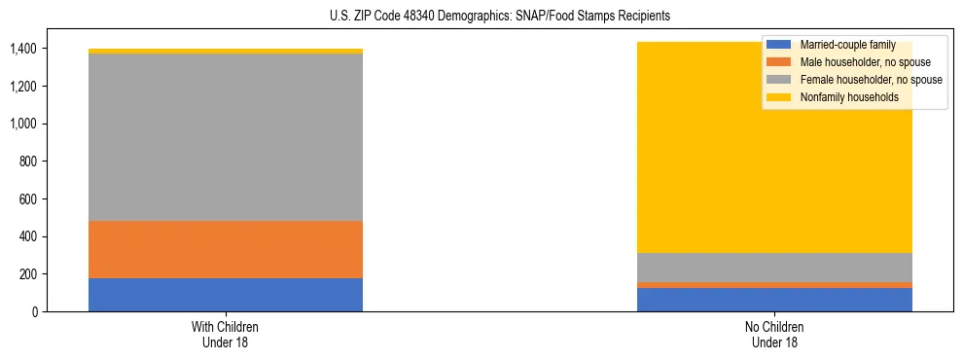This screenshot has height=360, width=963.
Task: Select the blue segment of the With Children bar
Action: pos(226,295)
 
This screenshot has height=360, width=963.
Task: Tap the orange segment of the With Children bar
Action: pos(226,249)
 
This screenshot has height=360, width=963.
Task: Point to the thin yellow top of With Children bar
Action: pos(226,51)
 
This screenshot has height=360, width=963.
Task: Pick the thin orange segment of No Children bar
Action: pos(774,285)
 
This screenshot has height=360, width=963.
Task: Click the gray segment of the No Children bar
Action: pos(774,268)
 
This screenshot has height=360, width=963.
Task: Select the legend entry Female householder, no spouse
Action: pos(870,80)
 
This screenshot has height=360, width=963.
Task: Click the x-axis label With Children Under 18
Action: pos(226,334)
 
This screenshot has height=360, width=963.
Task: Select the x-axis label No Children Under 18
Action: pos(774,334)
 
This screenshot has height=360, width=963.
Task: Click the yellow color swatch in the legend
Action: pos(780,97)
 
